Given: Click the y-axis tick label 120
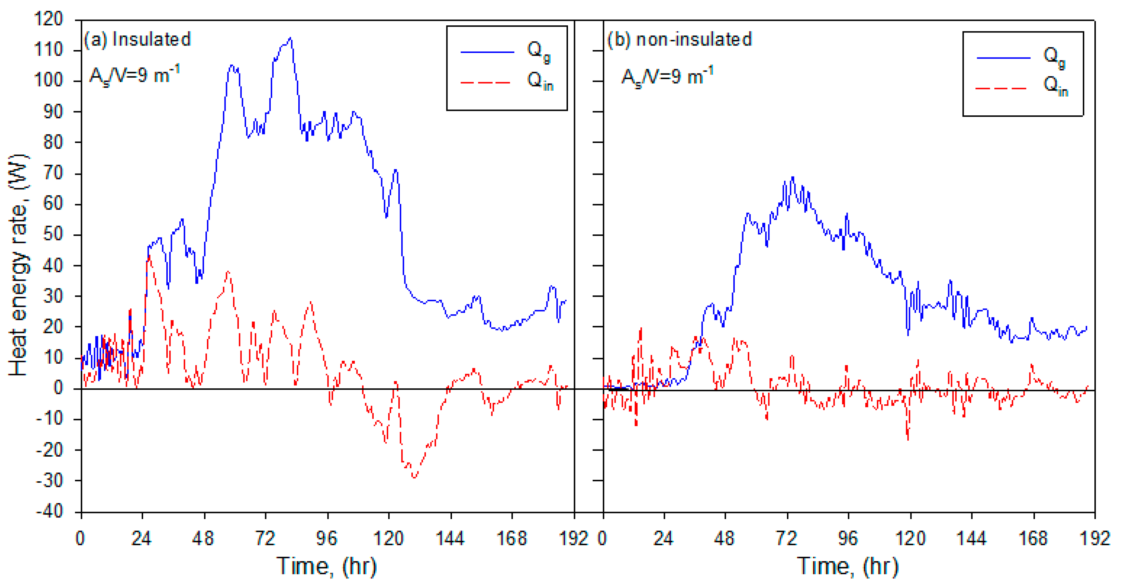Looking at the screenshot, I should pos(48,19).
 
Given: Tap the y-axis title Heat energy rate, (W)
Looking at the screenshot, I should pos(18,265).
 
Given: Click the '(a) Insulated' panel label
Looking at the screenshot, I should pos(137,40).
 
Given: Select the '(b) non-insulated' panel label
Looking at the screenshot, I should pos(679,40).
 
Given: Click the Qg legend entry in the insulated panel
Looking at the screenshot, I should pos(506,51).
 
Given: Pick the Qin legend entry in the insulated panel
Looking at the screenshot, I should pos(506,82).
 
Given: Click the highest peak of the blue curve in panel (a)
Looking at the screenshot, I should pos(291,38).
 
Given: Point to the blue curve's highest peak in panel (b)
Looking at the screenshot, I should pos(793,177).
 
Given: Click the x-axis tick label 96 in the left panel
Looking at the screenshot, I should pos(327,539).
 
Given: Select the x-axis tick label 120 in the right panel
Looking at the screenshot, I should pos(910,539).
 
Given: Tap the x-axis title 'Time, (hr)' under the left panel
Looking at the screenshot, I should pos(327,566).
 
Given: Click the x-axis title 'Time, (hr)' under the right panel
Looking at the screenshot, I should pos(848,566).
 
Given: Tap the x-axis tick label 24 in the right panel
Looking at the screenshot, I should pos(663,539).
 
